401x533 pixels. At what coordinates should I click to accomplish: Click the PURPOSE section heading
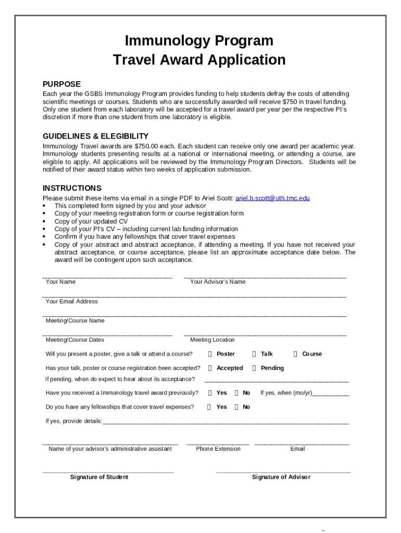[61, 84]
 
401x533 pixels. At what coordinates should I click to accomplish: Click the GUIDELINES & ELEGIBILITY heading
[95, 136]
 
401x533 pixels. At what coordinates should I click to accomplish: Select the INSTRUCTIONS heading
[72, 188]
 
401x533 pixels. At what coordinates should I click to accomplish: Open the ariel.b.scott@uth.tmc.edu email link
[272, 198]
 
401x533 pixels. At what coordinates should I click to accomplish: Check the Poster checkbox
[209, 354]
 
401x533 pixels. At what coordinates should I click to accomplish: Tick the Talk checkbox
[254, 354]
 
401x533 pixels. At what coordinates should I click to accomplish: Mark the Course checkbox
[295, 354]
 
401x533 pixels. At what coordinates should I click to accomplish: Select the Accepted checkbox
[209, 368]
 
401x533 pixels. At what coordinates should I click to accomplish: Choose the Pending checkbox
[254, 368]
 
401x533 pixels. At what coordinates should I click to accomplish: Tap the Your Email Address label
[71, 301]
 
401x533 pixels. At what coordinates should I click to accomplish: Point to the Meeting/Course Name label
[75, 321]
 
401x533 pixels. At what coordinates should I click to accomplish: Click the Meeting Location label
[212, 340]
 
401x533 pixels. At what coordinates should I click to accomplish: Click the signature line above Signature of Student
[108, 472]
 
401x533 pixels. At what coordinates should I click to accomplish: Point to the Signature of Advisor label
[281, 477]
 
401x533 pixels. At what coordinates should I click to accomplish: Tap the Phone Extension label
[218, 449]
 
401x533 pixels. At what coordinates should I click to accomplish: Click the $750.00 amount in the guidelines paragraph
[149, 147]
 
